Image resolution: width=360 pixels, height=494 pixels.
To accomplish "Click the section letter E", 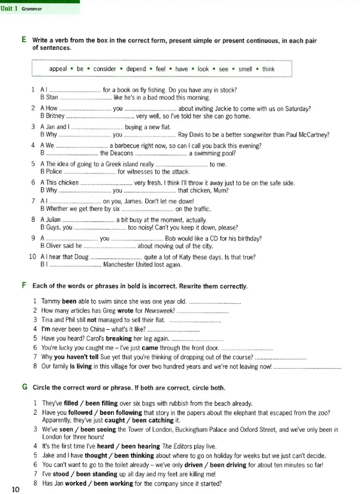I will (x=24, y=40).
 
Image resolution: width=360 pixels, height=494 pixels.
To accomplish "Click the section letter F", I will (x=24, y=286).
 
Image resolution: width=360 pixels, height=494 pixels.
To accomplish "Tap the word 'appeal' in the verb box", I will (x=58, y=69).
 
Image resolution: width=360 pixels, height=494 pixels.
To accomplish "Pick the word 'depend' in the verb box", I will (x=136, y=69).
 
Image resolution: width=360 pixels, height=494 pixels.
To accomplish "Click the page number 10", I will (x=15, y=488).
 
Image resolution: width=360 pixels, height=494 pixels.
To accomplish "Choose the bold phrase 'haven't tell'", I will (x=73, y=357).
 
